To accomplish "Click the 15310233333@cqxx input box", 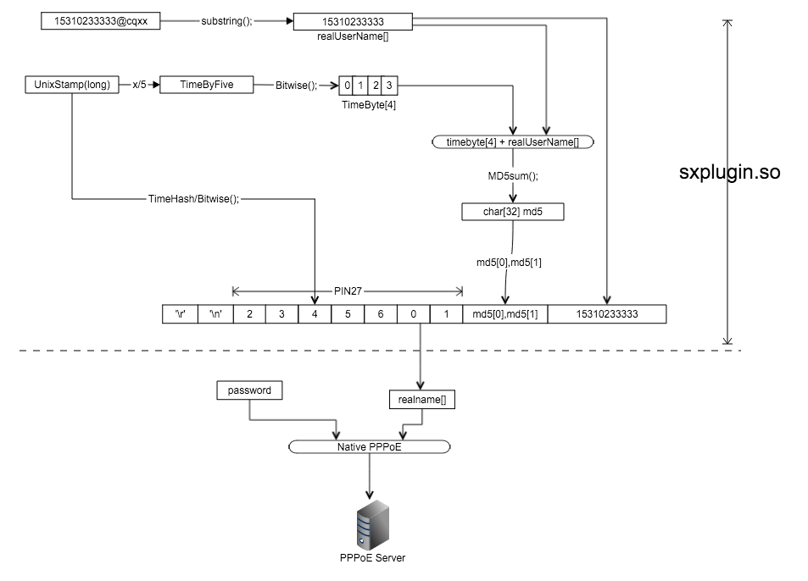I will [100, 20].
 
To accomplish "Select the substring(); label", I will [226, 20].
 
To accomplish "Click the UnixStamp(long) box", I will [72, 85].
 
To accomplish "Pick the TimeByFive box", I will [206, 85].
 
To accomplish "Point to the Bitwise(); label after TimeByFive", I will [296, 85].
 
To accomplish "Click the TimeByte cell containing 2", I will [375, 85].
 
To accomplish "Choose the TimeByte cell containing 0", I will [347, 85].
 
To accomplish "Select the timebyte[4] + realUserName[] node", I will [512, 142].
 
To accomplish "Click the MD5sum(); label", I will [513, 176].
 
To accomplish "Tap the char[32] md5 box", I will [512, 212].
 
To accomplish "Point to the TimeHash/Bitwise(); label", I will [193, 199].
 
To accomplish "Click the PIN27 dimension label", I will [348, 290].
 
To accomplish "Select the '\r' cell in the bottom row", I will [181, 314].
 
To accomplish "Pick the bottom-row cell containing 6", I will [381, 314].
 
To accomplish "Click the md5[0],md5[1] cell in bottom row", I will [504, 314].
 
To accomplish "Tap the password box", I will [249, 390].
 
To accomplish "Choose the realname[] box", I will [421, 399].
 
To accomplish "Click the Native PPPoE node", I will [370, 446].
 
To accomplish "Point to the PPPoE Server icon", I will [368, 523].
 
